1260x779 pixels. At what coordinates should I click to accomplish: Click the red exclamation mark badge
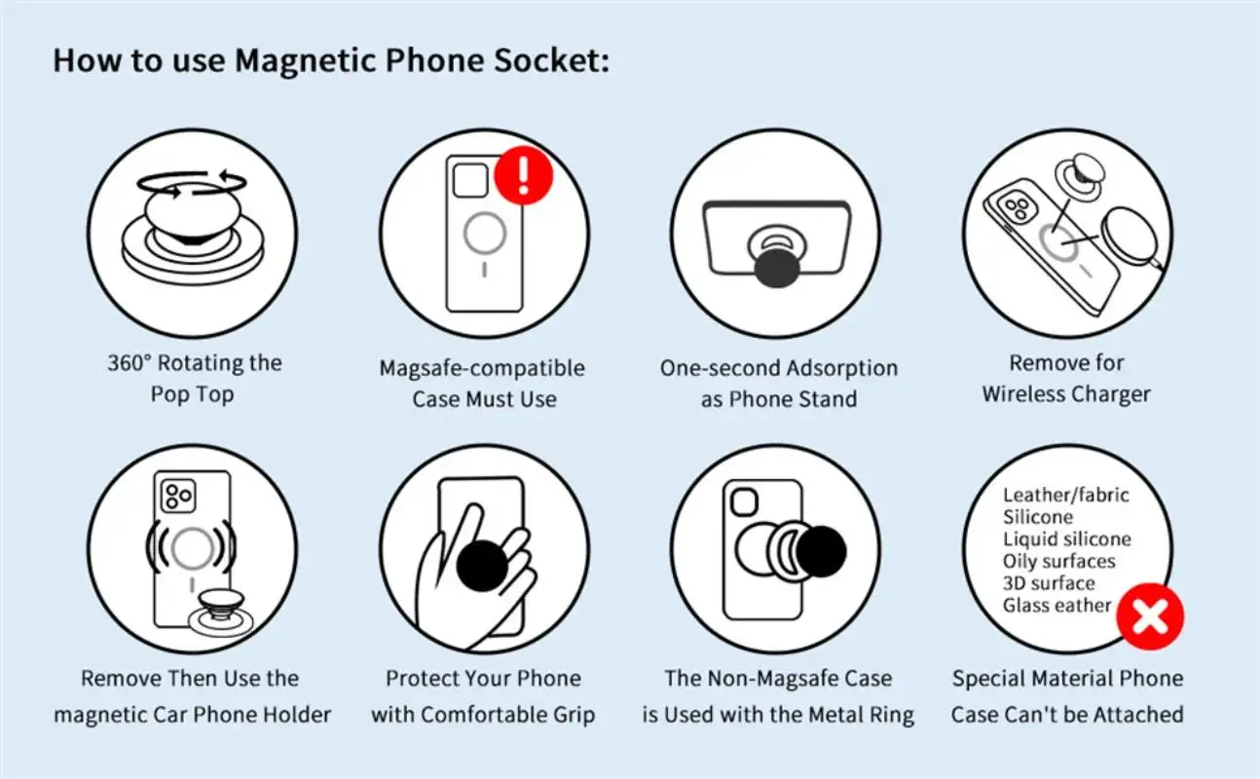[523, 175]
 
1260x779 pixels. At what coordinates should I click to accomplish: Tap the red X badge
[1150, 615]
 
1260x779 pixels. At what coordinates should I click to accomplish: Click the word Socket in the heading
[551, 60]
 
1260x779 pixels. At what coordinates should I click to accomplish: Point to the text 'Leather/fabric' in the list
[1065, 495]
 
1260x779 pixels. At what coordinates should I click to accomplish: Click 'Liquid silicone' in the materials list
[1066, 538]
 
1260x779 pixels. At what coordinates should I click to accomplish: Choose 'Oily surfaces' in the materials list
[1058, 561]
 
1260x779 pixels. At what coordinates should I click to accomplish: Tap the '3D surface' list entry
[1049, 583]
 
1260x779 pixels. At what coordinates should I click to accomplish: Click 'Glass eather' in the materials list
[1056, 606]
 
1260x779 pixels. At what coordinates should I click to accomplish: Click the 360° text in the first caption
[130, 363]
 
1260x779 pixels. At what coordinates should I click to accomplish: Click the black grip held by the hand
[481, 566]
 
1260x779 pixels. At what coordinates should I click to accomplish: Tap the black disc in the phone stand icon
[776, 268]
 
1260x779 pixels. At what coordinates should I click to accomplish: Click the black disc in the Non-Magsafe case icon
[821, 551]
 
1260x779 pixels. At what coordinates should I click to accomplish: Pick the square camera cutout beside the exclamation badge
[470, 180]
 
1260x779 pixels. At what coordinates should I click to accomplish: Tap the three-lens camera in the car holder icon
[178, 496]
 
